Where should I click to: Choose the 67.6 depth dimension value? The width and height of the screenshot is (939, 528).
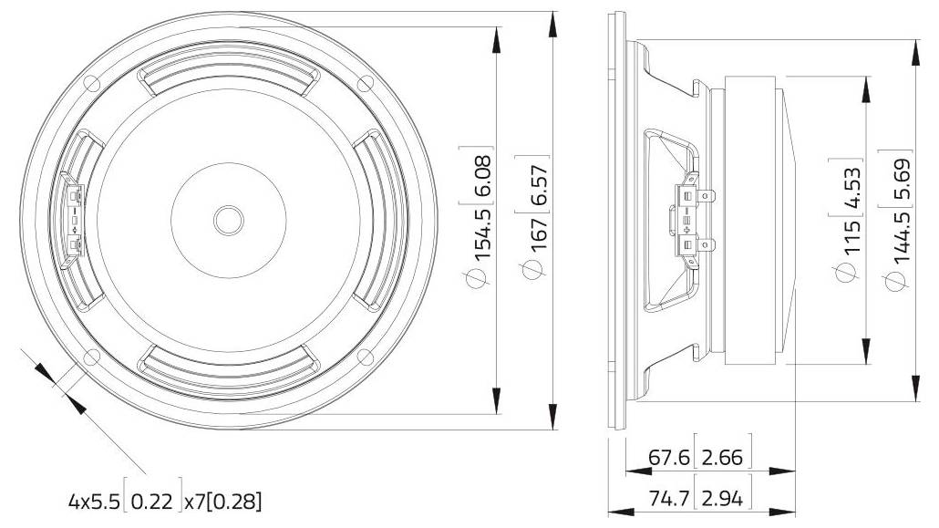pos(668,457)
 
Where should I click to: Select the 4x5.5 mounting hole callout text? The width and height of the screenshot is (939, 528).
pos(94,501)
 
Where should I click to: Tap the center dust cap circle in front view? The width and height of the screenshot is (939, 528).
pos(227,219)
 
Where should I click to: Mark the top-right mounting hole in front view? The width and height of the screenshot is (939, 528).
pos(364,84)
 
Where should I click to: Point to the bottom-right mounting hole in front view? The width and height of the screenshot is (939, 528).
pos(364,355)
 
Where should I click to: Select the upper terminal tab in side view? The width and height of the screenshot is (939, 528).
pos(706,194)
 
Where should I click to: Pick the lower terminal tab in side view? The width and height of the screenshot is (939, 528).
pos(706,244)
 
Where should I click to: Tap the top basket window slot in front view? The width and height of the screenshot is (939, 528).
pos(227,81)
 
